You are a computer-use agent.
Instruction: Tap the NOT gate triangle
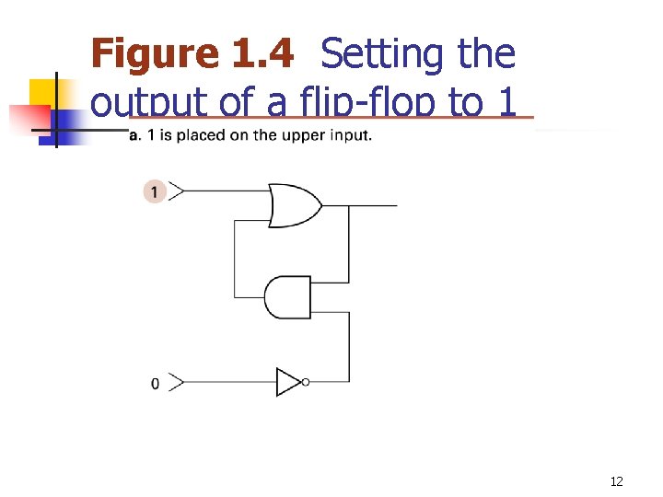tap(288, 382)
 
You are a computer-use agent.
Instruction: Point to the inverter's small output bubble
tap(306, 382)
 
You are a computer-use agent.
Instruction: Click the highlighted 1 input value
tap(155, 191)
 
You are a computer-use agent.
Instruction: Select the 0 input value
tap(155, 382)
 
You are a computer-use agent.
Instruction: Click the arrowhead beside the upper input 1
tap(177, 191)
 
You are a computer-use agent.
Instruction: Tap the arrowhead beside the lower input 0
tap(177, 382)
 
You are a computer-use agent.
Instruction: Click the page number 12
tap(616, 482)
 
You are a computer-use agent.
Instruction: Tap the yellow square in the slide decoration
tap(44, 92)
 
